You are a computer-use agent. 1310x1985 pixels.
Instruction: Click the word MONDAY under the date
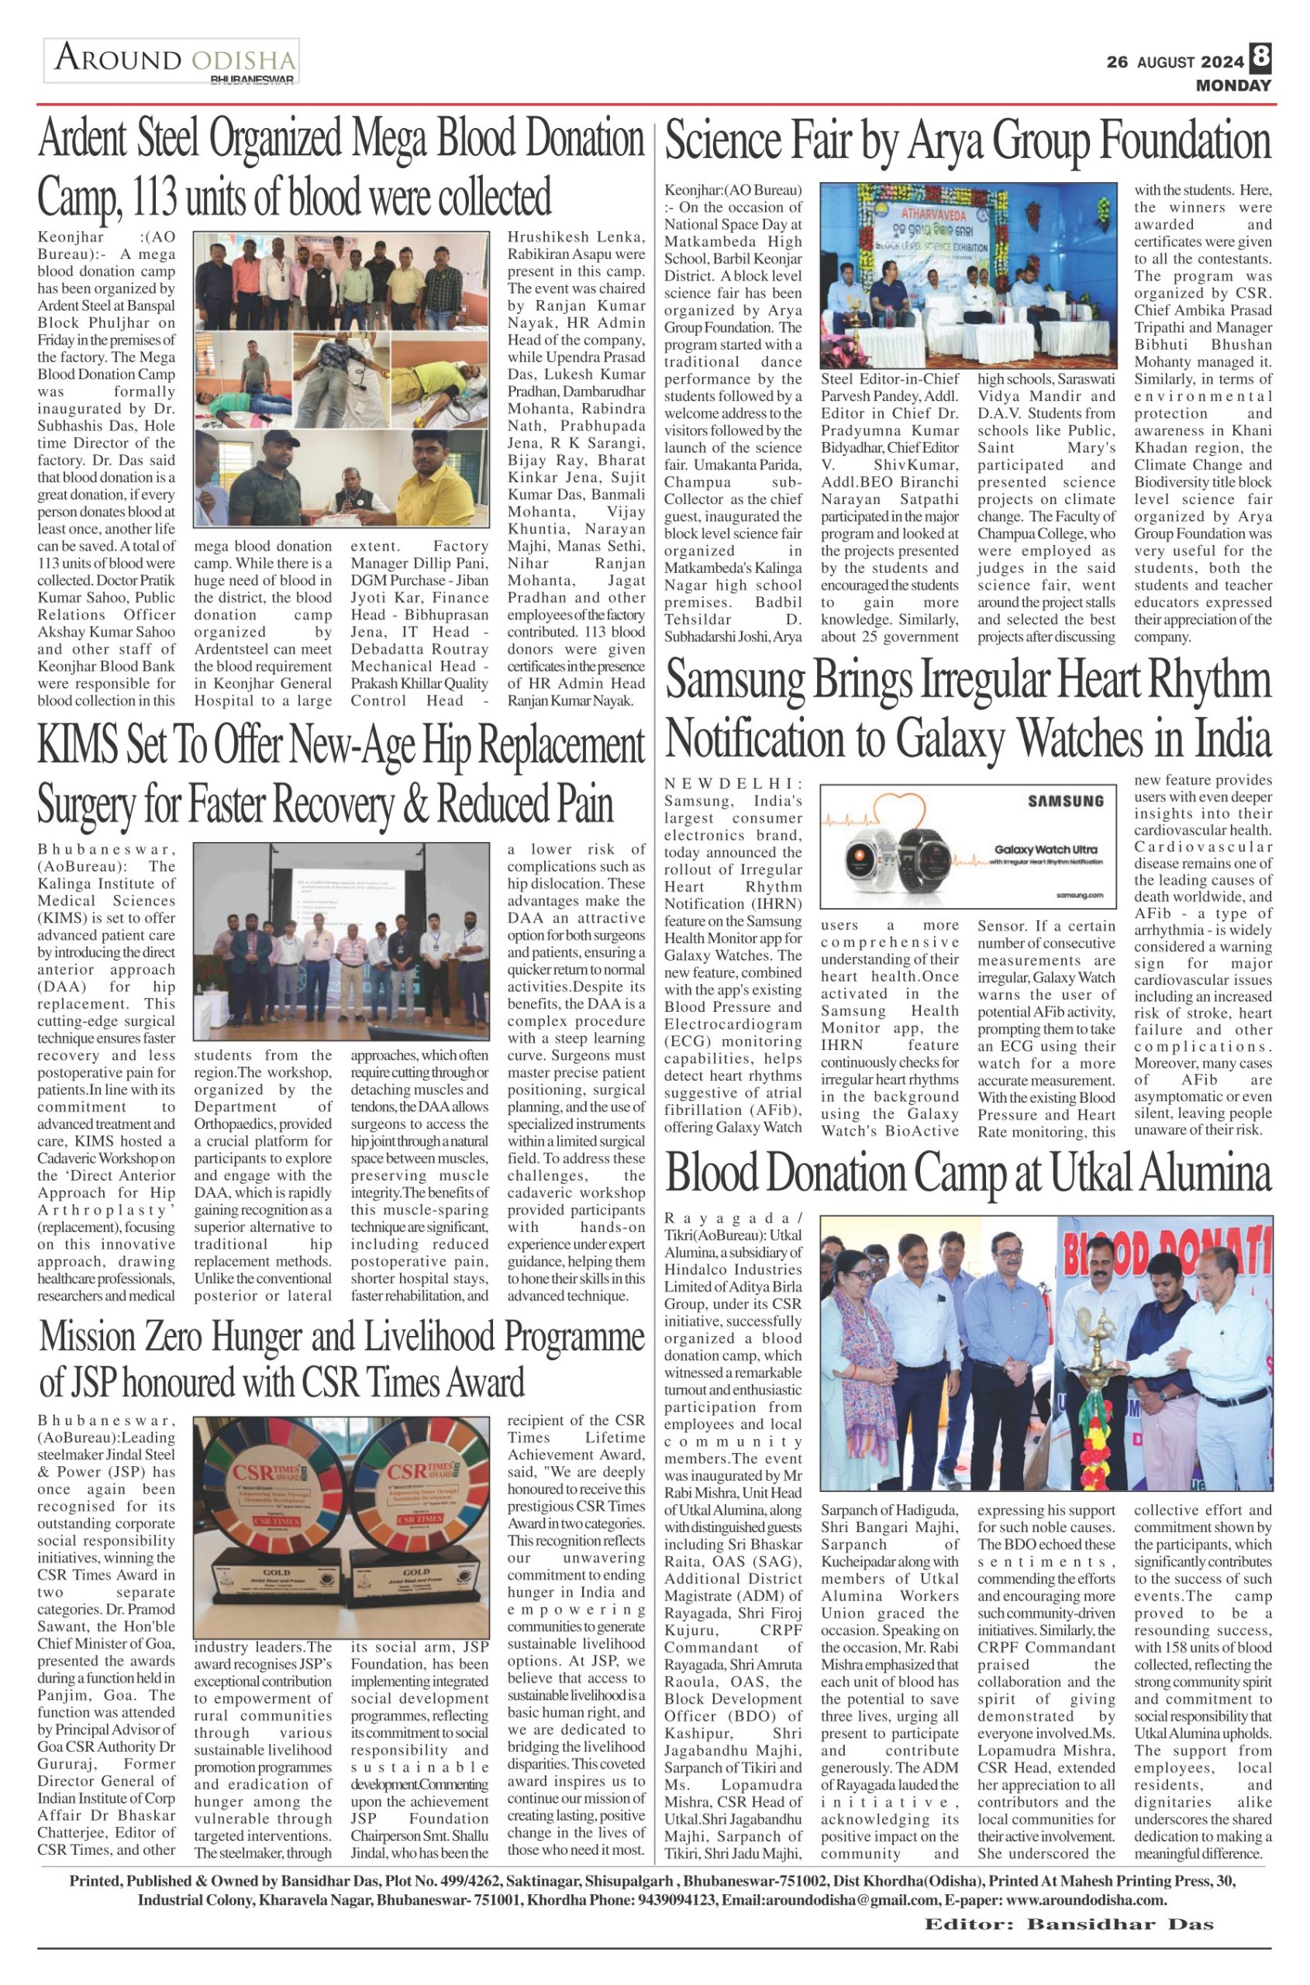[1233, 85]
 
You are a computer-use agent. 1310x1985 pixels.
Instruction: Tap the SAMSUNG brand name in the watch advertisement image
[1064, 801]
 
